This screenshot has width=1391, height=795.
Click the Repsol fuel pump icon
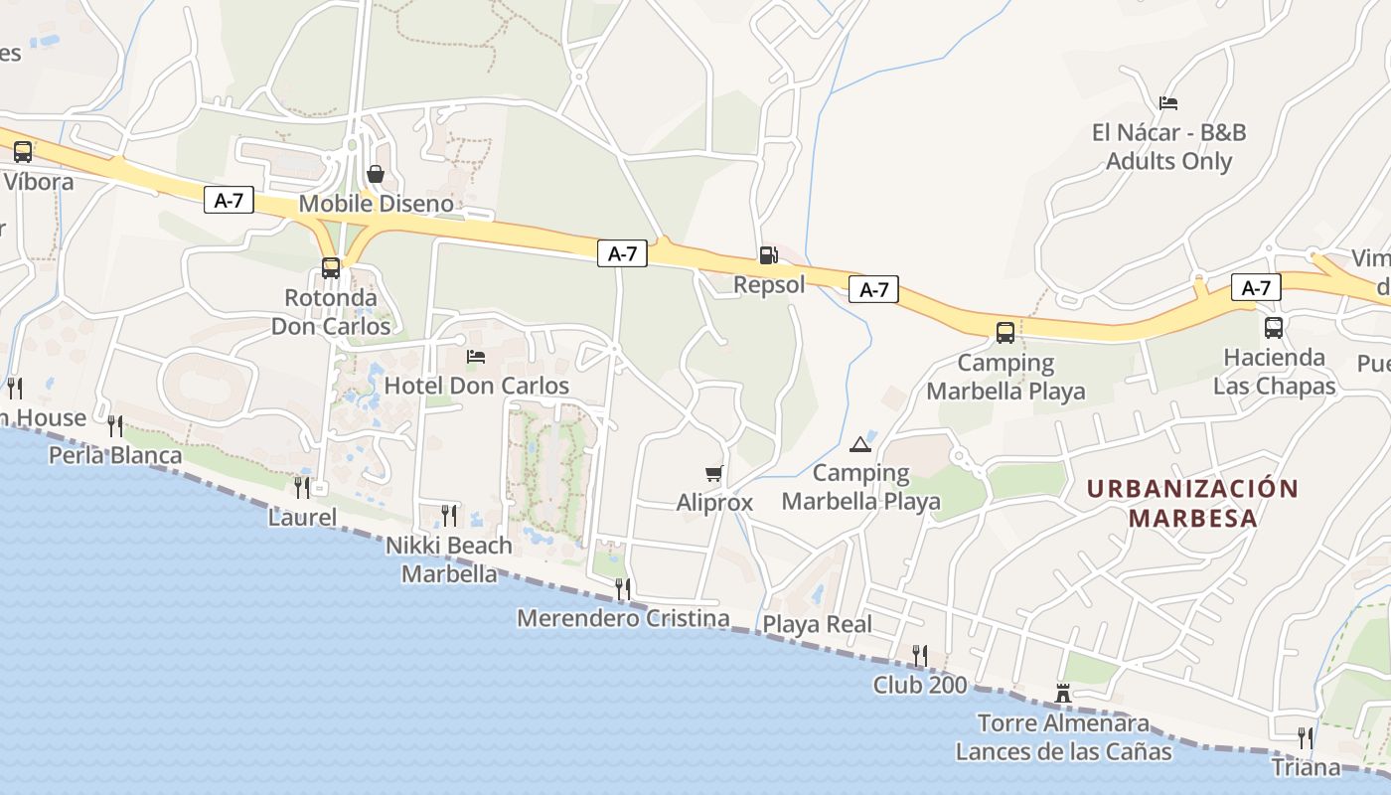pyautogui.click(x=768, y=255)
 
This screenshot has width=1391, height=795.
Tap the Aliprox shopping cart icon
pyautogui.click(x=713, y=473)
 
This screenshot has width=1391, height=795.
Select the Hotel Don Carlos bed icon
pyautogui.click(x=476, y=357)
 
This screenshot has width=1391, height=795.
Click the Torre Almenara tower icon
pyautogui.click(x=1063, y=693)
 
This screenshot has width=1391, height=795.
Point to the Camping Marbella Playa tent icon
pyautogui.click(x=859, y=444)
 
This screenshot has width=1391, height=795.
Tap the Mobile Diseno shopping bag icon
pyautogui.click(x=376, y=174)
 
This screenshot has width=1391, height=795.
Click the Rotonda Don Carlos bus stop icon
pyautogui.click(x=331, y=268)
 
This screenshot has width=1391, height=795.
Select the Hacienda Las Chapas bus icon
pyautogui.click(x=1274, y=328)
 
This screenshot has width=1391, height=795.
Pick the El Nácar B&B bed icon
pyautogui.click(x=1168, y=103)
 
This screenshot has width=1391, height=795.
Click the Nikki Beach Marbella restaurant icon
pyautogui.click(x=449, y=515)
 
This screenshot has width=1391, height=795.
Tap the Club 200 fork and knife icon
pyautogui.click(x=920, y=655)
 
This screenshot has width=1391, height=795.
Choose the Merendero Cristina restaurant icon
pyautogui.click(x=623, y=588)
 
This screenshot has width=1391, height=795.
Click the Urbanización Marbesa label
pyautogui.click(x=1192, y=503)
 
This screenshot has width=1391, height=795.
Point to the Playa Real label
pyautogui.click(x=817, y=624)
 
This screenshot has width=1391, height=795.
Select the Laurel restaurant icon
pyautogui.click(x=302, y=487)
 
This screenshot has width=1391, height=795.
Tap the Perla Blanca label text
pyautogui.click(x=116, y=455)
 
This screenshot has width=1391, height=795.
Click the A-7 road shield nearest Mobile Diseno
pyautogui.click(x=229, y=201)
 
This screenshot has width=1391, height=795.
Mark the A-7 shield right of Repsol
pyautogui.click(x=873, y=290)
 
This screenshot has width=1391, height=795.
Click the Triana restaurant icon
pyautogui.click(x=1306, y=737)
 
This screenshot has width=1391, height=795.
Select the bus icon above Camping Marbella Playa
pyautogui.click(x=1005, y=332)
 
